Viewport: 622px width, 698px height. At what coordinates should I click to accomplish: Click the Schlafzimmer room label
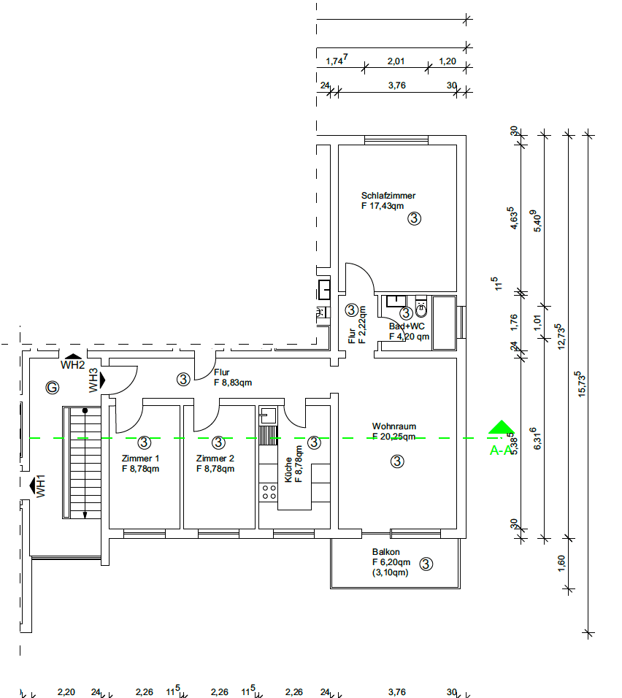click(x=388, y=196)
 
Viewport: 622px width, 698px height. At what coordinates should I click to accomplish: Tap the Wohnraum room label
click(x=393, y=426)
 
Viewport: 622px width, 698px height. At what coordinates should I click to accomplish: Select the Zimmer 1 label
click(x=140, y=459)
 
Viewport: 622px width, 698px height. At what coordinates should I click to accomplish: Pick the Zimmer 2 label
click(x=215, y=459)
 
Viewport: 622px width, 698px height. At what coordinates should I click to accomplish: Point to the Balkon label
click(x=385, y=553)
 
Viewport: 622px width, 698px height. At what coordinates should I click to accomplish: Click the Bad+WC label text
click(x=407, y=326)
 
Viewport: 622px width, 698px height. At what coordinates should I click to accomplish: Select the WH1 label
click(x=42, y=486)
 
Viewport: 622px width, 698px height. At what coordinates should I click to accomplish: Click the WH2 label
click(x=73, y=364)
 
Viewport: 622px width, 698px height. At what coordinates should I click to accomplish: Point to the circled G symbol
click(x=52, y=387)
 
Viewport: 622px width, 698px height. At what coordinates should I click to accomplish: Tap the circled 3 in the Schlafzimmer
click(x=414, y=218)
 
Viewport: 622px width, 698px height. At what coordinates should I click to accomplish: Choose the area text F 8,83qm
click(x=233, y=383)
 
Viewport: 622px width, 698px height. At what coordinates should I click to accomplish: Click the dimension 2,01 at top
click(x=395, y=61)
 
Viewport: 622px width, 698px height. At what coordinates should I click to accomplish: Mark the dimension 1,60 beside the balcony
click(x=561, y=564)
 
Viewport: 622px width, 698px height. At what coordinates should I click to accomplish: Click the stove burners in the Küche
click(x=269, y=491)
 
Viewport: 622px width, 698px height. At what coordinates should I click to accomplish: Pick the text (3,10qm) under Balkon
click(x=391, y=572)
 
